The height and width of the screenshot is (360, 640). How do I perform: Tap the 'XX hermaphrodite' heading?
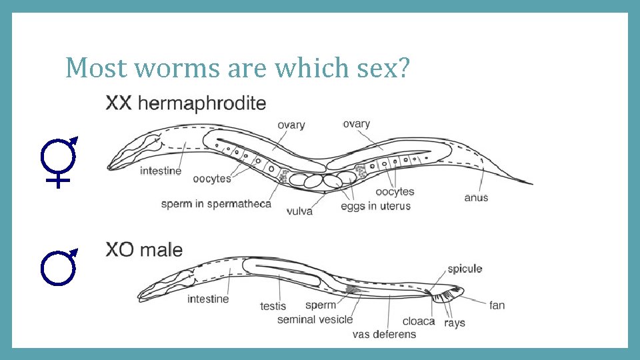[x=186, y=103]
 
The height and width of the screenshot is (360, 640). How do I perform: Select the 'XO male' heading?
[x=144, y=250]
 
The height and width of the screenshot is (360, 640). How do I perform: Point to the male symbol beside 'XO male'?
[x=58, y=267]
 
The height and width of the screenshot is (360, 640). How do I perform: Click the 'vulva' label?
[x=299, y=211]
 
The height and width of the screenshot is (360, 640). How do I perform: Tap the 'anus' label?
[x=476, y=197]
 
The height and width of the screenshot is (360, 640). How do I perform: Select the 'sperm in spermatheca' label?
[x=216, y=203]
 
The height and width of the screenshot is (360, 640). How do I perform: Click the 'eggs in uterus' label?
[x=375, y=206]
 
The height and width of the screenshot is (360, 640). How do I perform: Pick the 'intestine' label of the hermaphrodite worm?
[x=161, y=171]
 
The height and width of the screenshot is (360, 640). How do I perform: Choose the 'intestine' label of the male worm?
[x=208, y=299]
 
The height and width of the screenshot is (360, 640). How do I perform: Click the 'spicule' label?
[x=464, y=269]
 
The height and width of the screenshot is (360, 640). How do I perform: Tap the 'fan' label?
[x=497, y=305]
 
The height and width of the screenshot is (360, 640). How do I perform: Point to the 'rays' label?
[x=455, y=323]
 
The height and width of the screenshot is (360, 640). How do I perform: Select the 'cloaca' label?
[x=419, y=321]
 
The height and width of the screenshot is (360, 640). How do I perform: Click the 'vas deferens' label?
[x=384, y=334]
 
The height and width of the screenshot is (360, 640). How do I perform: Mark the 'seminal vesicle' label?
[x=315, y=319]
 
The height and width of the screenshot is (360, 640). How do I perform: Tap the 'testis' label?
[x=273, y=306]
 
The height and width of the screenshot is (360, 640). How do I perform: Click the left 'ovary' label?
[x=291, y=125]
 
